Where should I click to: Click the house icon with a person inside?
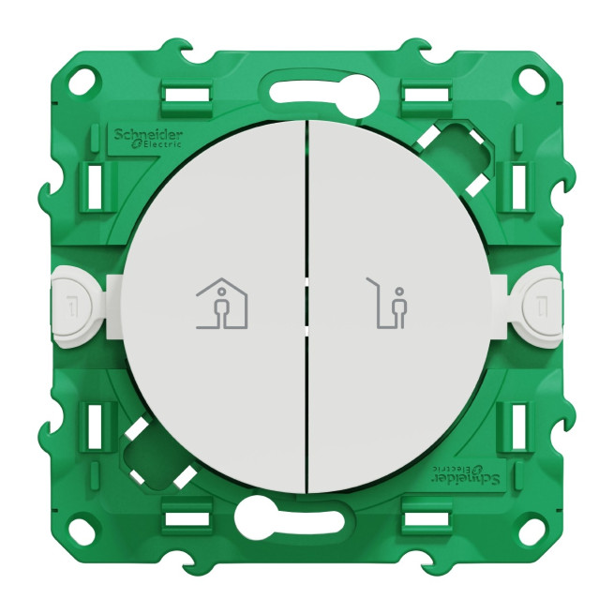[222, 302]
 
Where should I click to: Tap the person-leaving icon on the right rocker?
[386, 302]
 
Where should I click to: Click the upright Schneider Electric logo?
[148, 138]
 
